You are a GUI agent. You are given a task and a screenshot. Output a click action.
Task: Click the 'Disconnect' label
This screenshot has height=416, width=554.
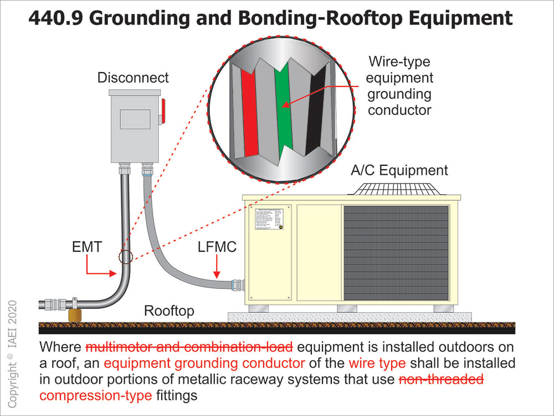pos(133,78)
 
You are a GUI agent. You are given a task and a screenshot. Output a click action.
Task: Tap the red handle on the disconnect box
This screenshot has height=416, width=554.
pos(163,111)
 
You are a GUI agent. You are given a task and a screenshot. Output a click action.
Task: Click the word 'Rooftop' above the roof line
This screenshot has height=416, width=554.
pos(169,311)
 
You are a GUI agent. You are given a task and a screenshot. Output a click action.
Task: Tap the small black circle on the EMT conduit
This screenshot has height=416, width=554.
pos(126,257)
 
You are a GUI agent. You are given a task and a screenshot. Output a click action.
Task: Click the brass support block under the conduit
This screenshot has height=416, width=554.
pos(74,316)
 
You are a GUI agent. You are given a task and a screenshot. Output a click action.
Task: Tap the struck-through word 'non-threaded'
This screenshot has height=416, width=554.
pos(441,380)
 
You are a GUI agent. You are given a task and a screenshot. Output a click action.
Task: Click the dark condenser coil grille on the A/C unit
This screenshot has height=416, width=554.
pos(396,252)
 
